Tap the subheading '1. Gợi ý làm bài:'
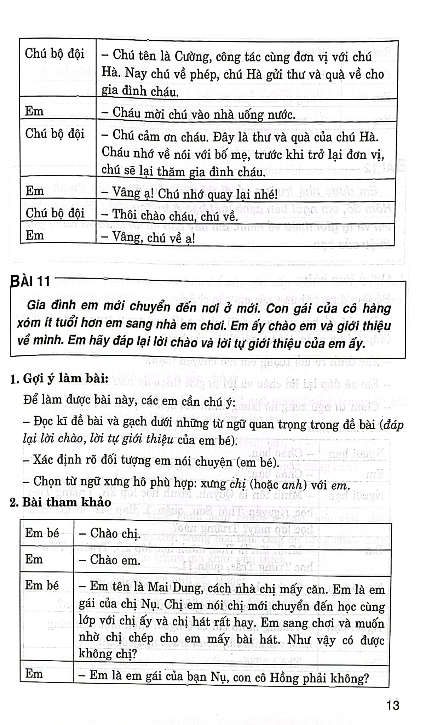click(x=59, y=379)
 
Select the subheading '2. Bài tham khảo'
click(x=61, y=502)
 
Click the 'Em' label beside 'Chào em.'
click(x=34, y=559)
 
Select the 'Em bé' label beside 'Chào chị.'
click(x=42, y=533)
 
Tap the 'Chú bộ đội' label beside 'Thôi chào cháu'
click(x=55, y=213)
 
